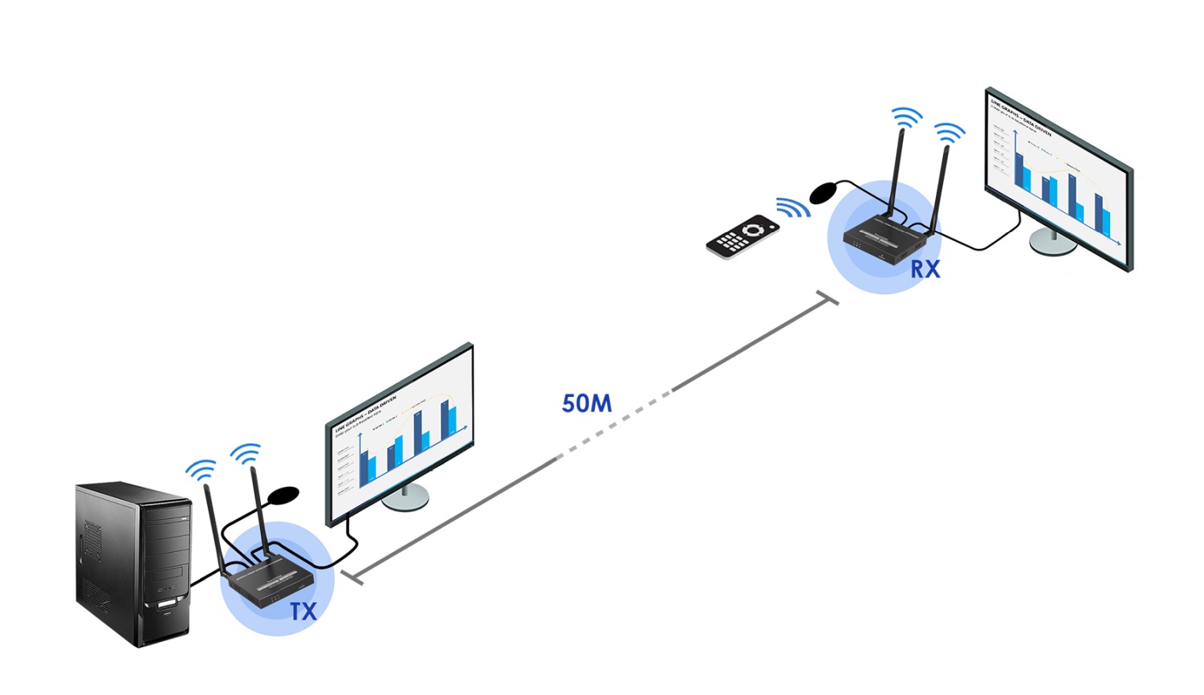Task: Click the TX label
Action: tap(303, 611)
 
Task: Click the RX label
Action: tap(925, 269)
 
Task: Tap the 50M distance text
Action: tap(587, 403)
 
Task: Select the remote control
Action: tap(742, 236)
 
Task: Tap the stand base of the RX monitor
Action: tap(1052, 243)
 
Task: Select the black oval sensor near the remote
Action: tap(824, 192)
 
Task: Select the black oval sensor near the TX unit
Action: tap(283, 495)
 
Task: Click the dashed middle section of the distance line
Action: tap(615, 424)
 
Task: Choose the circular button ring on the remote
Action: tap(753, 231)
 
